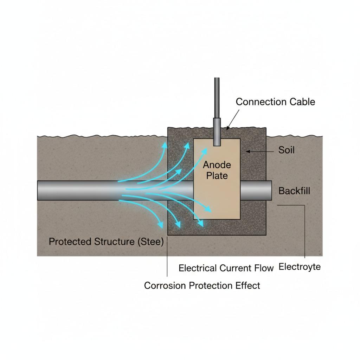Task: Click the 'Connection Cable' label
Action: tap(275, 102)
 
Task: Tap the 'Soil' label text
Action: tap(286, 150)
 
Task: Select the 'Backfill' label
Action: tap(294, 191)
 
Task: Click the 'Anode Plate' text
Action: tap(217, 170)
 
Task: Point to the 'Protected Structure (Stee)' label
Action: tap(106, 242)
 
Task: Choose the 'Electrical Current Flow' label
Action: tap(226, 268)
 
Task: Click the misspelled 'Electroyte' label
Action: tap(300, 267)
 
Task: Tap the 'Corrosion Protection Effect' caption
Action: tap(202, 285)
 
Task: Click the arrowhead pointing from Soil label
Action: tap(247, 152)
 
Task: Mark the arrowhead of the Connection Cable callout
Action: tap(228, 128)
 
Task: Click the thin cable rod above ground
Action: tap(217, 98)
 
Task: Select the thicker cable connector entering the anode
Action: tap(217, 132)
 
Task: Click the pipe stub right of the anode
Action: tap(256, 191)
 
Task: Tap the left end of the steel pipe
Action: tap(38, 191)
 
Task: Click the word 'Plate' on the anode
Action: tap(217, 176)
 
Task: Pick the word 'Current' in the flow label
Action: tap(235, 268)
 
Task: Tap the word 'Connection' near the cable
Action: tap(261, 102)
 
